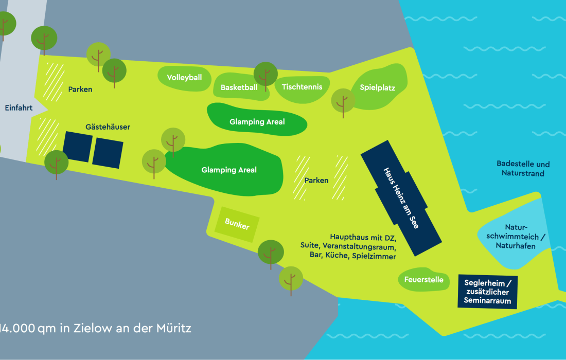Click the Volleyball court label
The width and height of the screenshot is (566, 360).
click(x=184, y=78)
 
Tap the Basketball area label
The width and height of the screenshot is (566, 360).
click(x=239, y=87)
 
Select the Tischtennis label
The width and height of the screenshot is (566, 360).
click(x=302, y=87)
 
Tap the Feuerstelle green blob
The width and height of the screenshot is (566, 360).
click(x=424, y=280)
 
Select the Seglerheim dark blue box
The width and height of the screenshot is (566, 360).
click(x=487, y=291)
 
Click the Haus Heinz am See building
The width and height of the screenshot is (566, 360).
click(x=401, y=198)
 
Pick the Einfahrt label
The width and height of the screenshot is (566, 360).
click(x=19, y=108)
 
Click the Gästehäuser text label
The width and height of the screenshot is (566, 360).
click(x=108, y=127)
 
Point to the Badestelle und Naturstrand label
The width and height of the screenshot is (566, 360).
click(x=523, y=169)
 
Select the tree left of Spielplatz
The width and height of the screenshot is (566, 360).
click(x=342, y=100)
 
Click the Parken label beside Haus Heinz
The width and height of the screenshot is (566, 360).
click(x=316, y=181)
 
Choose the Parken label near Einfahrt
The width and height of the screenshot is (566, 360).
click(x=80, y=89)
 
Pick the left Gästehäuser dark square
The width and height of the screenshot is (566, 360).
click(x=77, y=146)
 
